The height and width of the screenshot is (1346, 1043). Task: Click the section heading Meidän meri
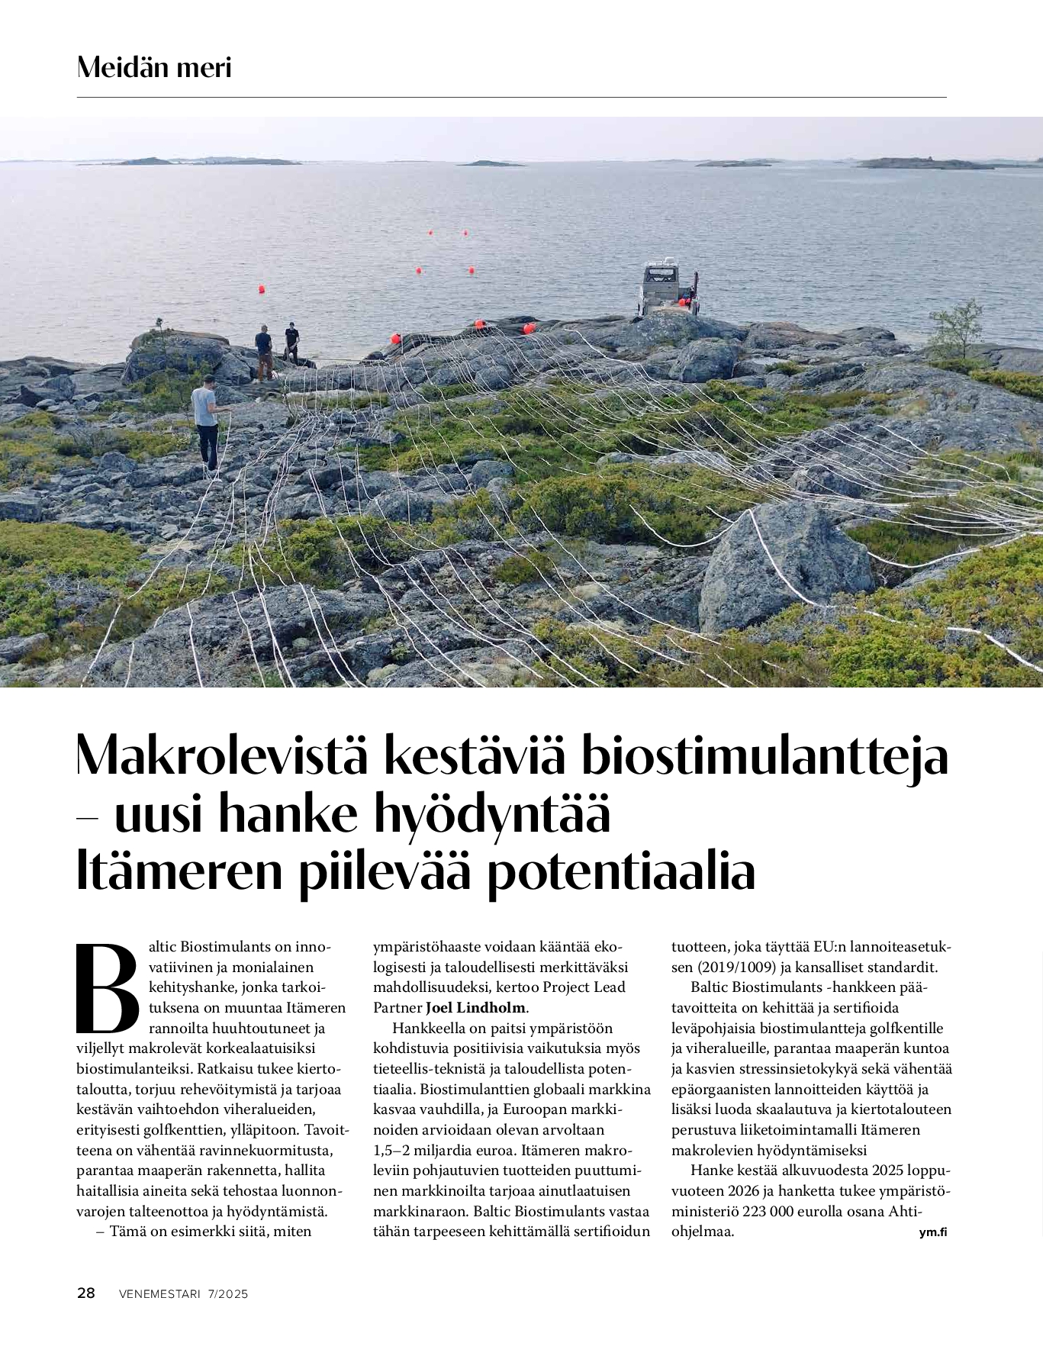tap(153, 68)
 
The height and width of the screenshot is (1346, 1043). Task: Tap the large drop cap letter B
tap(108, 987)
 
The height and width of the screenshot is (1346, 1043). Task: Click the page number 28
tap(86, 1293)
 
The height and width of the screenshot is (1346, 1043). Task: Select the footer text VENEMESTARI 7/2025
tap(183, 1293)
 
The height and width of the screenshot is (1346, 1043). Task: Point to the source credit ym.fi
tap(932, 1232)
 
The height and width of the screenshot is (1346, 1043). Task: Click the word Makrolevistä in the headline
tap(221, 755)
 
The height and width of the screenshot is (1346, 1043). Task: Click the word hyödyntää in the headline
tap(492, 814)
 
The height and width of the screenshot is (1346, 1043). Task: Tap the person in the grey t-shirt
tap(206, 424)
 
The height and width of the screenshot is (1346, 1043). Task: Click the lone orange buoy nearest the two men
tap(262, 289)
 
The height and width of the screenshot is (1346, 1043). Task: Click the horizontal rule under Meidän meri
tap(511, 97)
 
